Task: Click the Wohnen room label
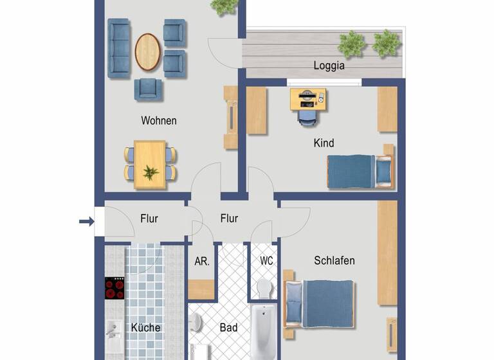point(159,120)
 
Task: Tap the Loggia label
point(329,65)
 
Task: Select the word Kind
point(324,143)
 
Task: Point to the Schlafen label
point(334,260)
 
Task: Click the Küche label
point(145,327)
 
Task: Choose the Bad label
point(228,328)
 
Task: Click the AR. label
point(201,262)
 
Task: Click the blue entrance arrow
point(86,222)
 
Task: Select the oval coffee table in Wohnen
point(147,51)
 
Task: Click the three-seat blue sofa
point(118,48)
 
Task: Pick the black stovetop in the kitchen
point(114,288)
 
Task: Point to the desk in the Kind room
point(308,99)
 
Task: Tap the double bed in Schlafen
point(320,303)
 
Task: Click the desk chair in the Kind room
point(307,118)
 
